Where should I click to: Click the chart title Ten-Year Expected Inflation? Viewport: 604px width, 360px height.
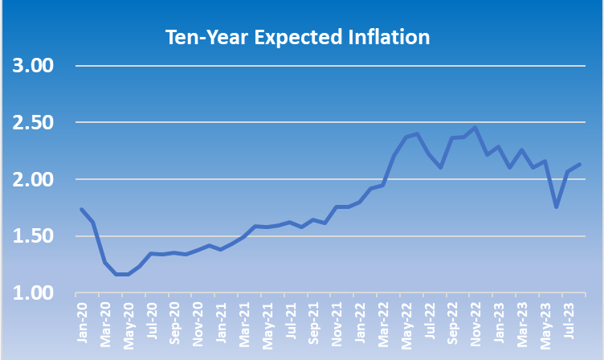click(x=297, y=37)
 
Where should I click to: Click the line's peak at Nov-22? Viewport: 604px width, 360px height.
click(x=475, y=128)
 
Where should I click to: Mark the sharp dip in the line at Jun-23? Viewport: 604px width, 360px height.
click(x=556, y=207)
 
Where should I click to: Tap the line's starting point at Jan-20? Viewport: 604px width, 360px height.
click(x=82, y=210)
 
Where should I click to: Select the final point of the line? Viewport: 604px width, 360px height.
click(x=579, y=165)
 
